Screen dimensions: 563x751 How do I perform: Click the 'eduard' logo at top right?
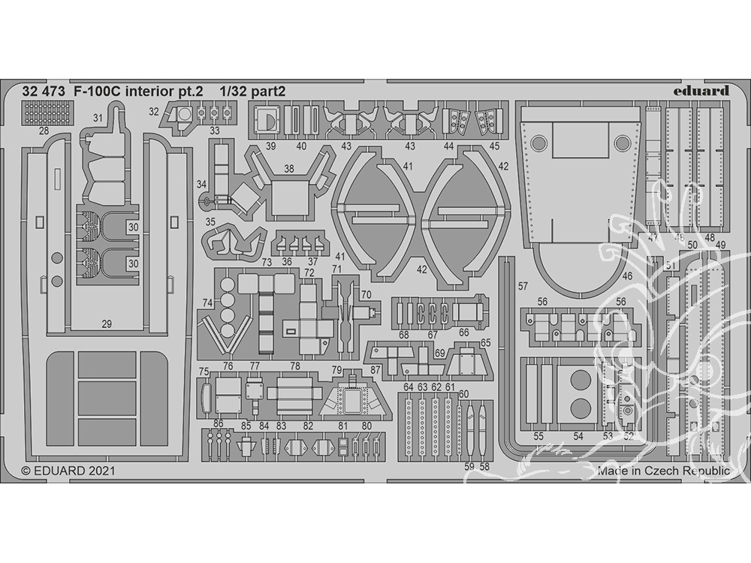(701, 91)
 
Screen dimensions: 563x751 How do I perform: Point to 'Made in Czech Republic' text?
(663, 471)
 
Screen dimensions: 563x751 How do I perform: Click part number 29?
(107, 324)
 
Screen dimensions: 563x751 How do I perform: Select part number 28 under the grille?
(44, 131)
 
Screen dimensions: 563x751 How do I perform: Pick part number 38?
(288, 170)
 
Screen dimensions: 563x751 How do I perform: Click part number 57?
(523, 286)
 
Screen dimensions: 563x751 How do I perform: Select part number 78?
(295, 366)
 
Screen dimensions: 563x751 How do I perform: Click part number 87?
(375, 370)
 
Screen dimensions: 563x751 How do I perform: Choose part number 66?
(464, 332)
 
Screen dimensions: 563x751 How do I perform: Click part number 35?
(211, 222)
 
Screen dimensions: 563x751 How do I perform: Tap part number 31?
(98, 119)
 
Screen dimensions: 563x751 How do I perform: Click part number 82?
(308, 426)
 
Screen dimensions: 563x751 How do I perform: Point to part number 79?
(336, 370)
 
